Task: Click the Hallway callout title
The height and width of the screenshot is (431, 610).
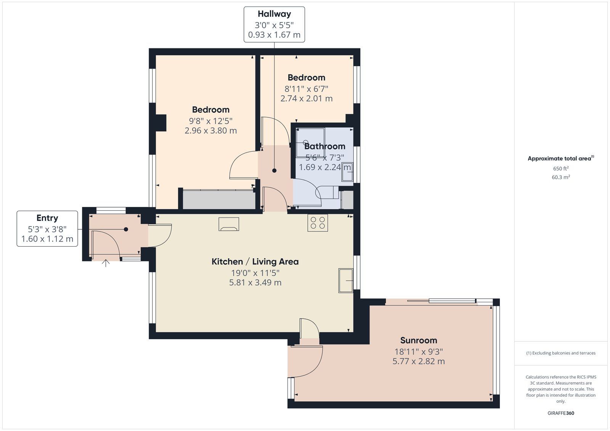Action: click(274, 14)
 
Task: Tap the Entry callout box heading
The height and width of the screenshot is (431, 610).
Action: click(47, 218)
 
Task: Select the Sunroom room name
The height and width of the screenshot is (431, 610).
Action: click(419, 340)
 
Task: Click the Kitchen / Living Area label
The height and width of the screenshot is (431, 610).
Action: click(255, 262)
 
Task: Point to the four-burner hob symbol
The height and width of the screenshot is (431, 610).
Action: click(318, 223)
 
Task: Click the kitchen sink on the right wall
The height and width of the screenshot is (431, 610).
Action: click(346, 280)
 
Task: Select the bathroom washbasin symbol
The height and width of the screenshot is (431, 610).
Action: click(347, 172)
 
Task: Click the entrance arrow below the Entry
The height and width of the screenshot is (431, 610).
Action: click(106, 263)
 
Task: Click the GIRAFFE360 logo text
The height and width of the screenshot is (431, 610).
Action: click(561, 413)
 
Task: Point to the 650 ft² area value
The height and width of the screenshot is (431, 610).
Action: click(561, 168)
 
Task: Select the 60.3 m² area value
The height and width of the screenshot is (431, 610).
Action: click(561, 177)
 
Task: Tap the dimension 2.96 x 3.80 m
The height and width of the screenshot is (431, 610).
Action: click(211, 131)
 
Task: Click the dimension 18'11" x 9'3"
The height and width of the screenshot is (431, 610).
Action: click(419, 352)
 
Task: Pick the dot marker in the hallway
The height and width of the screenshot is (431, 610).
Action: click(274, 171)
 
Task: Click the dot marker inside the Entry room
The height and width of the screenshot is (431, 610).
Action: click(126, 229)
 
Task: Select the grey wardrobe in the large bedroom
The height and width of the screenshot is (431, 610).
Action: click(219, 200)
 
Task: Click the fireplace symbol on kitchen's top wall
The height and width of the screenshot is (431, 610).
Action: click(229, 224)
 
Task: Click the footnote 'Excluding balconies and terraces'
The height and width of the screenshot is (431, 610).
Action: click(561, 353)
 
